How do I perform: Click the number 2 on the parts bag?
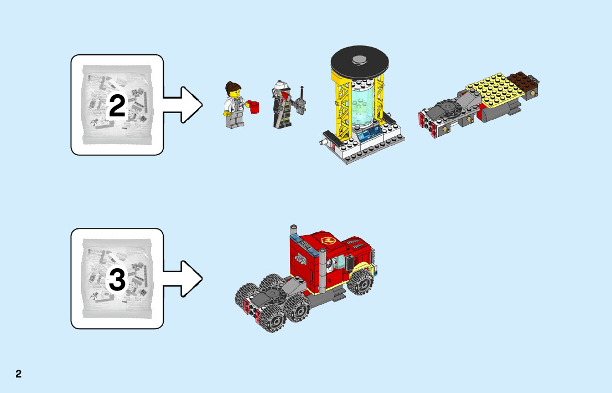[117, 106]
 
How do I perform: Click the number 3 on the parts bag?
[117, 280]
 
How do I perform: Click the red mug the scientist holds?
[255, 106]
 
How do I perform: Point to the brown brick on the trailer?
[523, 80]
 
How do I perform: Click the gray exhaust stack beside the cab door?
[323, 272]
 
